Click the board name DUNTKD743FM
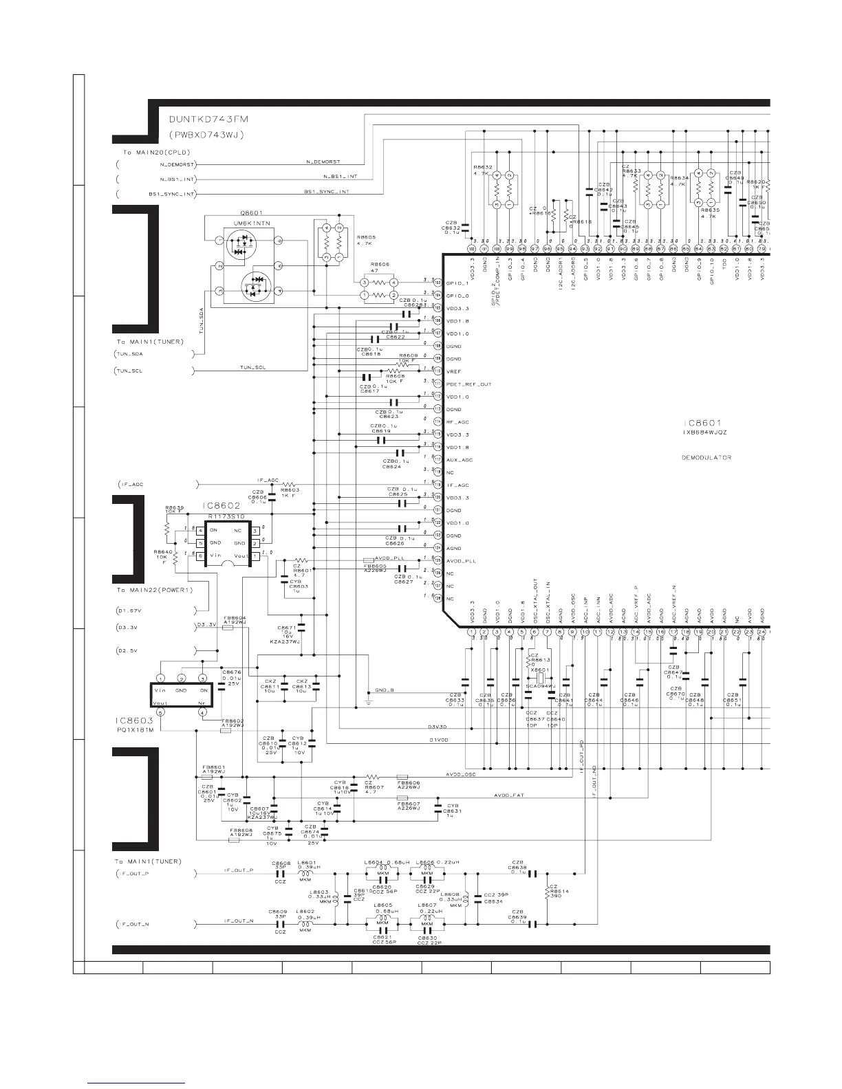tap(209, 119)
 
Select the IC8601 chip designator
tap(702, 423)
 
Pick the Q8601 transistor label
tap(251, 213)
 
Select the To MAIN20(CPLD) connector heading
tap(152, 152)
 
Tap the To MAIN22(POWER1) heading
tap(155, 591)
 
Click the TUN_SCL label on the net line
tap(253, 368)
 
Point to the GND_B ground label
tap(385, 690)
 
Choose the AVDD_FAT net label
tap(509, 796)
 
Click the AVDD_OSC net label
tap(460, 775)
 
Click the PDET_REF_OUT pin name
tap(468, 384)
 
